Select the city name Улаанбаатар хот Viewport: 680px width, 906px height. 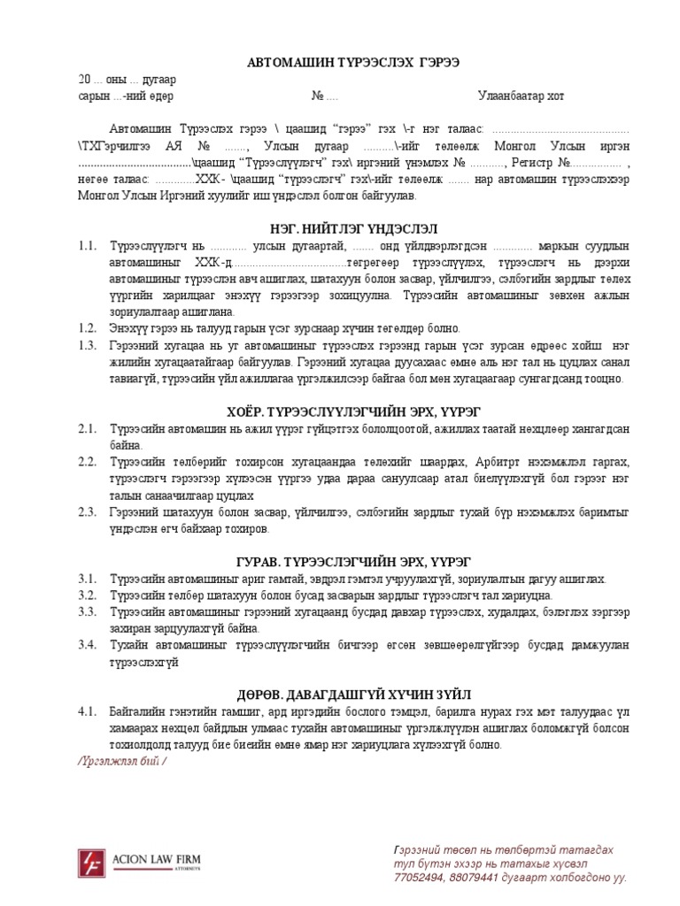(520, 96)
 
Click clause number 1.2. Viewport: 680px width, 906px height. (86, 327)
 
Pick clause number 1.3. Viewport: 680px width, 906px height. (86, 345)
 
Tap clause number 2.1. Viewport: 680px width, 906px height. (86, 429)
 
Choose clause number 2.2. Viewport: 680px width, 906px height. (86, 462)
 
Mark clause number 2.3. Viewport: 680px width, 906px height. (86, 512)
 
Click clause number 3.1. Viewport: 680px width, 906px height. (86, 579)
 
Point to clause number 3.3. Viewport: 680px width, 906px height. (86, 611)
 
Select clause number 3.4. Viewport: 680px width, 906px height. (86, 644)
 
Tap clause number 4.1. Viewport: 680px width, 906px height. (86, 711)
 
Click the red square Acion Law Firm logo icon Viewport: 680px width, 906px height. (92, 861)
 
